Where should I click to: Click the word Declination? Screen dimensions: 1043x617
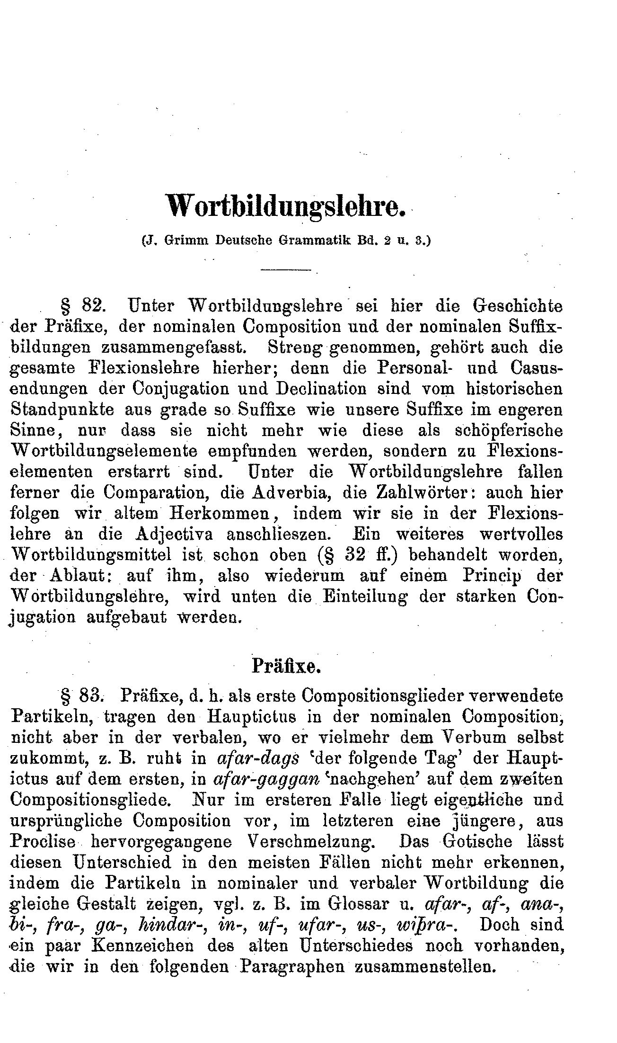pos(322,389)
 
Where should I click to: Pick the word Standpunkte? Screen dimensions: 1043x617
pos(62,410)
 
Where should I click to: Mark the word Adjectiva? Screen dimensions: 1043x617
pos(174,535)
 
